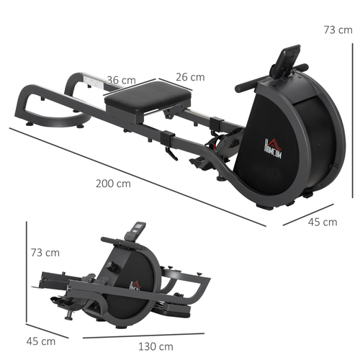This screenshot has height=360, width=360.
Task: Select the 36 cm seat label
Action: point(122,80)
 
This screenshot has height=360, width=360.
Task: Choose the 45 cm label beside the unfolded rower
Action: point(322,222)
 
